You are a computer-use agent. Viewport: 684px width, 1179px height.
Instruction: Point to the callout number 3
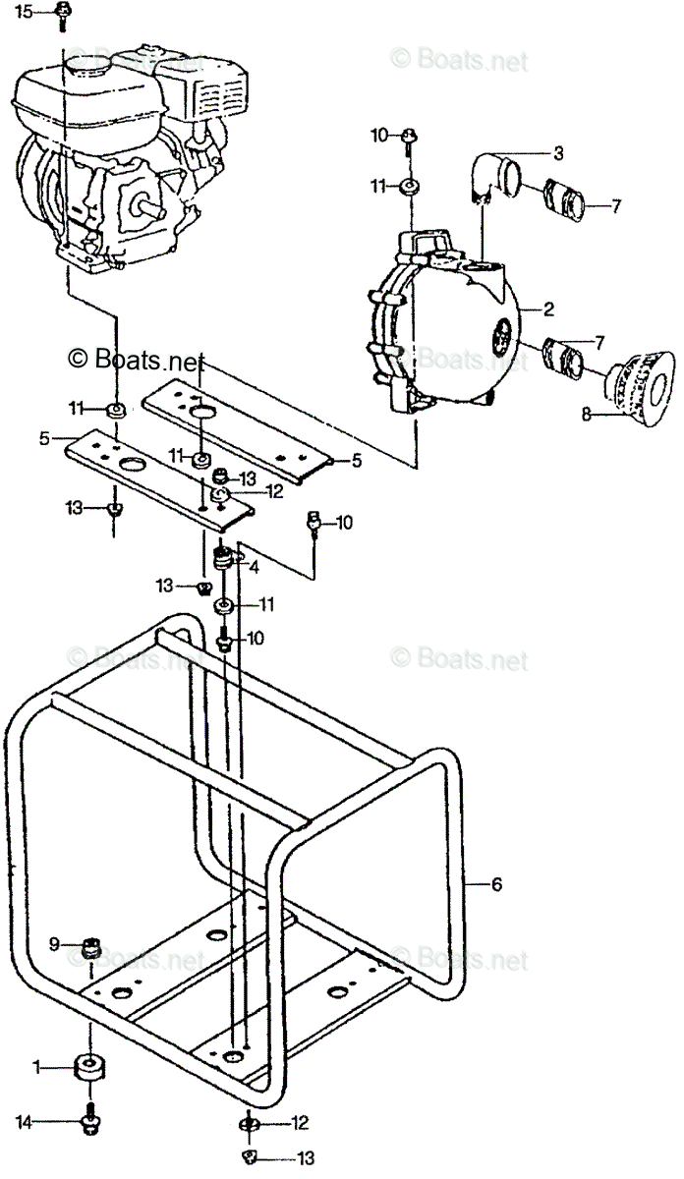(x=557, y=152)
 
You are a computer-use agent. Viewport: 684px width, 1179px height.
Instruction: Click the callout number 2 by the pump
(x=548, y=309)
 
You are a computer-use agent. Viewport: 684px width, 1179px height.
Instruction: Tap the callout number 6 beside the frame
(x=497, y=884)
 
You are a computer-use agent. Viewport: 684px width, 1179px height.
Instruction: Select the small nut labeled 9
(x=93, y=948)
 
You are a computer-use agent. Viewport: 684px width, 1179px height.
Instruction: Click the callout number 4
(x=254, y=566)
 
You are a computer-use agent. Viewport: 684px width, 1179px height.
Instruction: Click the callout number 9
(x=55, y=945)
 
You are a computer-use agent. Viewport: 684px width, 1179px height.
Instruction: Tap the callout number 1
(x=37, y=1066)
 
